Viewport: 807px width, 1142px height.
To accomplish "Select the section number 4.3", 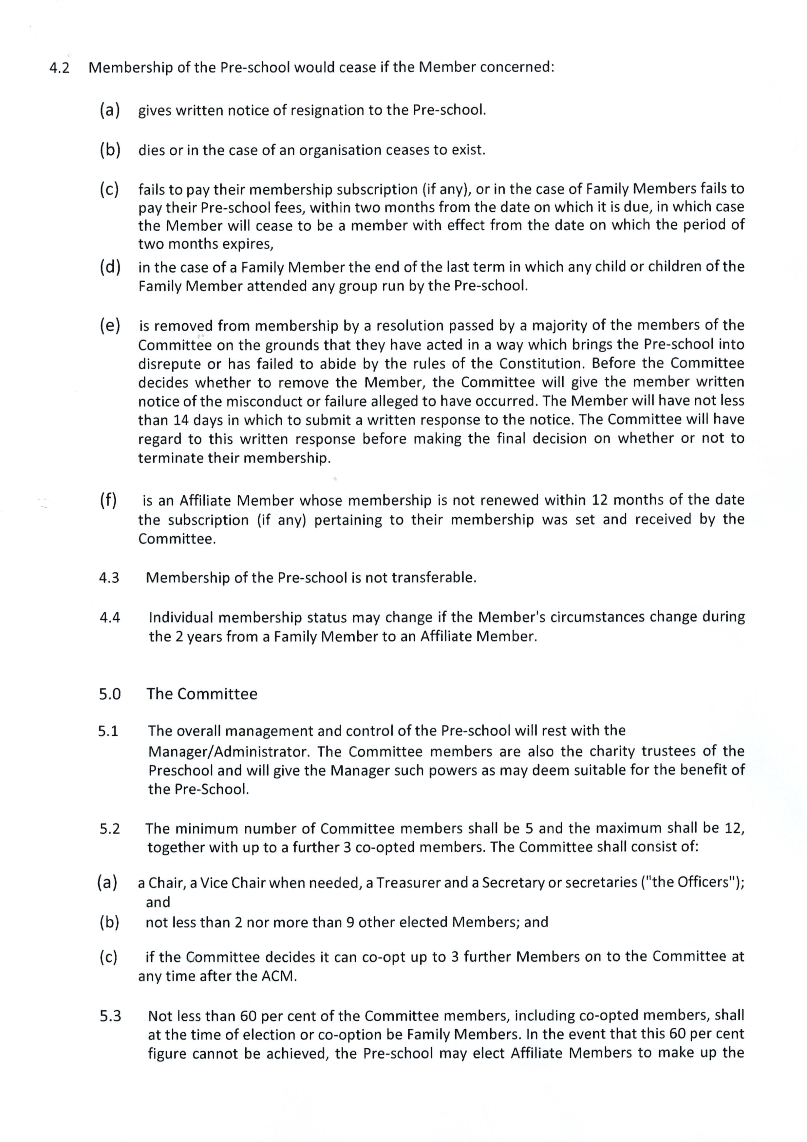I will coord(109,578).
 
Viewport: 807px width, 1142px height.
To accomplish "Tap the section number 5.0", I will coord(109,695).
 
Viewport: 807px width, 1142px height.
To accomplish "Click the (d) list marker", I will coord(109,268).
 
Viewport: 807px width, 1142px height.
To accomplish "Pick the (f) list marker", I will coord(108,500).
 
